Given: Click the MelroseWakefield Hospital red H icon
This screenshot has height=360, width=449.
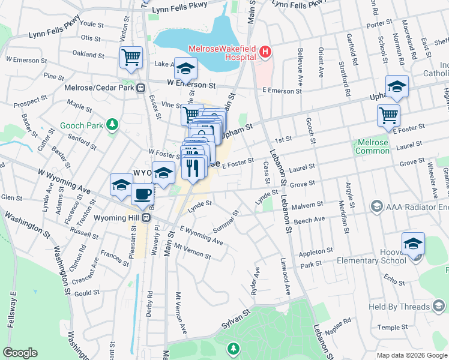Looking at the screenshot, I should click(x=265, y=53).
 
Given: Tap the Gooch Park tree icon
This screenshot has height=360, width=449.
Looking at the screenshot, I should click(x=111, y=125).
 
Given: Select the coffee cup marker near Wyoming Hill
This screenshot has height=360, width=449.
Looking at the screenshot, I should click(x=142, y=194).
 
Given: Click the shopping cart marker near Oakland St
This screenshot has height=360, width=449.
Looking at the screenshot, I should click(x=131, y=58).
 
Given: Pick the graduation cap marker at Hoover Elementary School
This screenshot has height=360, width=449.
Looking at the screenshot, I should click(x=413, y=244).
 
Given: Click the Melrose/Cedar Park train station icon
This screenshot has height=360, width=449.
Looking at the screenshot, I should click(x=140, y=88).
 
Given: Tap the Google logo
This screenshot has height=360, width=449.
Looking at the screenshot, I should click(x=20, y=353).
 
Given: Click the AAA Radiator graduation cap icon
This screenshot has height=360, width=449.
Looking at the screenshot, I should click(x=376, y=207).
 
